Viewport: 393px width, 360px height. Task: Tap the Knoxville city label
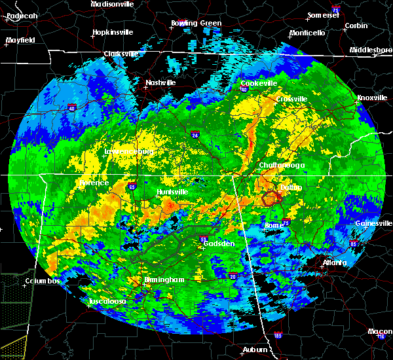click(x=371, y=98)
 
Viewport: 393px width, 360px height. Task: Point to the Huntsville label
click(x=172, y=192)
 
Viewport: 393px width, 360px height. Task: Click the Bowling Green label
click(x=196, y=24)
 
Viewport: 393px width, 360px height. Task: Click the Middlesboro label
click(x=370, y=50)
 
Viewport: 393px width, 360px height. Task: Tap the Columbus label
click(x=43, y=281)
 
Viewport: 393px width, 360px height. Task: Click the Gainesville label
click(x=373, y=223)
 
